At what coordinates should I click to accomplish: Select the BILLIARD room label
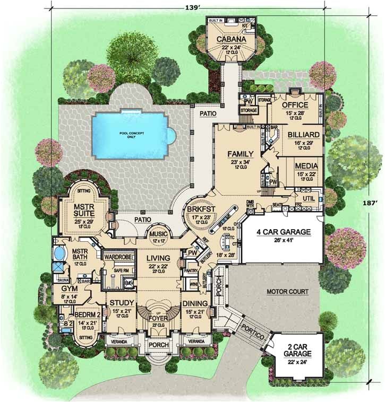pos(304,135)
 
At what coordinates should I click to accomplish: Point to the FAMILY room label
pos(241,154)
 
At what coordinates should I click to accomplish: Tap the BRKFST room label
pos(200,209)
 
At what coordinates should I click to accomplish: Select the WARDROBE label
pos(117,258)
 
